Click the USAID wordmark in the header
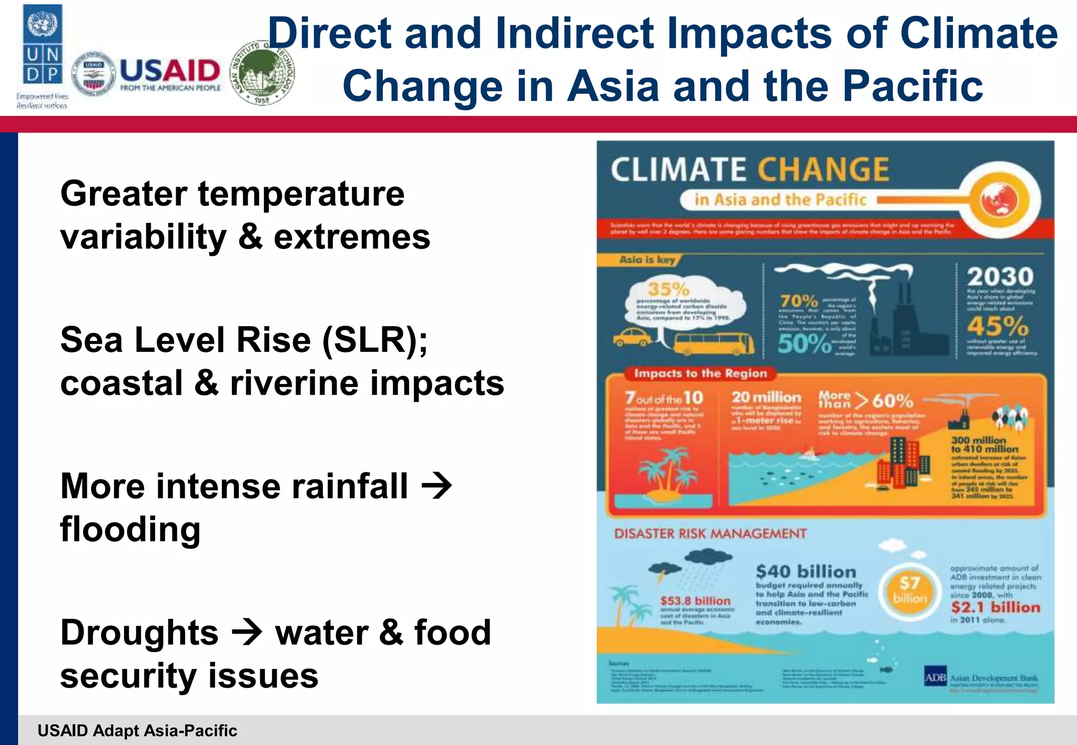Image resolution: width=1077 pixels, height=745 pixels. click(x=170, y=70)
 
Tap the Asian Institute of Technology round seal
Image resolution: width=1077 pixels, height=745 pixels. click(x=263, y=73)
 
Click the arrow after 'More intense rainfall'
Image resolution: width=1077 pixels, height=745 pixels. click(x=437, y=486)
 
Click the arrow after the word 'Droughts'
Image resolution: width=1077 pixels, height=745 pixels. click(x=247, y=632)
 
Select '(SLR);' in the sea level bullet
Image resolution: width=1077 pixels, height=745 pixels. click(x=375, y=340)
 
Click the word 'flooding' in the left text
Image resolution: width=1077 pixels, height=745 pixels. click(x=130, y=529)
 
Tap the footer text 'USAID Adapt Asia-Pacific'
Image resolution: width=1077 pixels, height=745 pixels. click(x=137, y=730)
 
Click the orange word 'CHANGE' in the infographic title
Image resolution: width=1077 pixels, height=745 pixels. click(x=823, y=170)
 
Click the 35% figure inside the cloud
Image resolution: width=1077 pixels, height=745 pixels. click(x=668, y=289)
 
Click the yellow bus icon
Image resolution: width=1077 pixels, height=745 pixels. click(x=713, y=344)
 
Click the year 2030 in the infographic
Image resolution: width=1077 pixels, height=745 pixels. click(x=1000, y=277)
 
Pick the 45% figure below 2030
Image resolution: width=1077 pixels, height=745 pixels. click(x=998, y=326)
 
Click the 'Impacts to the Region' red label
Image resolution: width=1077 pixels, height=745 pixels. click(x=700, y=374)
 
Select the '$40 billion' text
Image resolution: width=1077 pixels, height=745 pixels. click(x=806, y=572)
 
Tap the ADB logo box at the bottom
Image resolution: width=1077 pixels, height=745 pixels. click(x=935, y=678)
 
